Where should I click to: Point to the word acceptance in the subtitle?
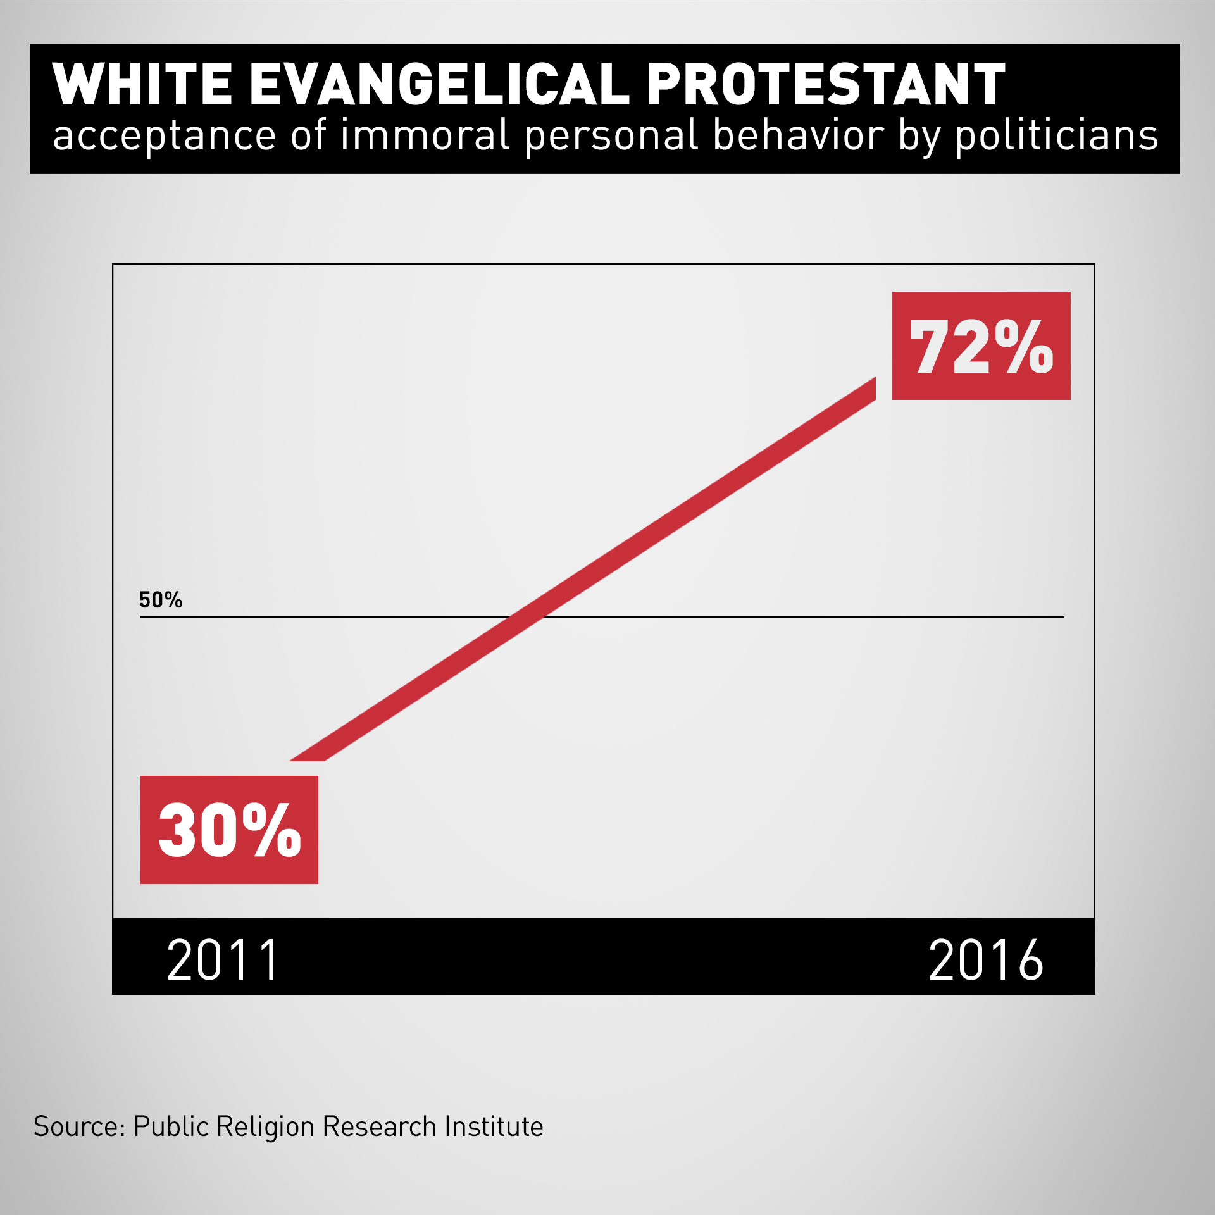pos(165,137)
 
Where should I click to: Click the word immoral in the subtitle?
pos(425,135)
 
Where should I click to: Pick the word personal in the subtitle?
pos(611,137)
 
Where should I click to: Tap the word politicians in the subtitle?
pos(1056,137)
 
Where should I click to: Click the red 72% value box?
pos(981,346)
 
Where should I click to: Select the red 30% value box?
pos(228,830)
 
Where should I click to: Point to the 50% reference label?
pos(161,600)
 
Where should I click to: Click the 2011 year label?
pos(223,961)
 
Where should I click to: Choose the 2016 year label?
pos(985,961)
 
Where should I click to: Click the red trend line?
pos(582,570)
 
